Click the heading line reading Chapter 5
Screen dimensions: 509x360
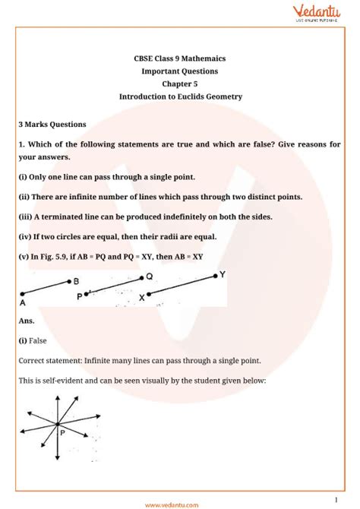pyautogui.click(x=179, y=84)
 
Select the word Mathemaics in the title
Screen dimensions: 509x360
pyautogui.click(x=201, y=58)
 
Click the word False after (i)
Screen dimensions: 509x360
pyautogui.click(x=40, y=341)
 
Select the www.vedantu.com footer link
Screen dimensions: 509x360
pyautogui.click(x=180, y=502)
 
